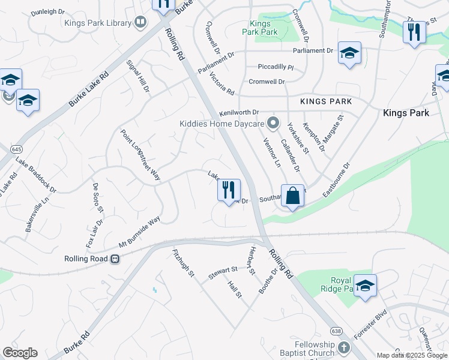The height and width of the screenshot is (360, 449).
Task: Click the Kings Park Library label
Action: point(98,23)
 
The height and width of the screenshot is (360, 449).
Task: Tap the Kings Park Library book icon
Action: point(141,23)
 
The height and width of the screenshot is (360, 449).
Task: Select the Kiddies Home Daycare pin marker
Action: point(274,124)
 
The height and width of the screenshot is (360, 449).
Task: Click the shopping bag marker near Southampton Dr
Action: point(292,196)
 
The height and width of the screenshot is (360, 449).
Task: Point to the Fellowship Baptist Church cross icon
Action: point(343,348)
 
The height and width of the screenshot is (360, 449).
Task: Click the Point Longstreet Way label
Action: point(140,155)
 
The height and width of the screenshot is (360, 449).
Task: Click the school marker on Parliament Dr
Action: point(349,53)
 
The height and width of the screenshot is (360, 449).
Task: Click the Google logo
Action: point(20,353)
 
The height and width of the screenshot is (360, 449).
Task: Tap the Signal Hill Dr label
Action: point(138,76)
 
